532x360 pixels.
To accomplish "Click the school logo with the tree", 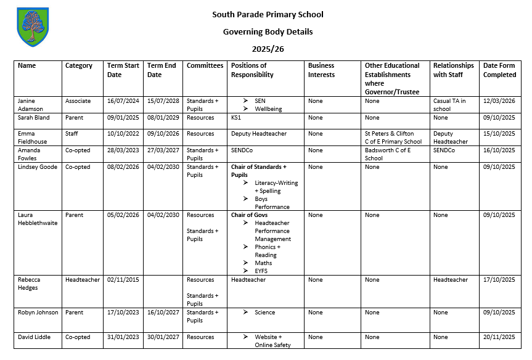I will [x=32, y=27].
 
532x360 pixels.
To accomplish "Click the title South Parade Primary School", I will [x=268, y=15].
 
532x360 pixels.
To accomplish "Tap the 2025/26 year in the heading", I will [x=268, y=49].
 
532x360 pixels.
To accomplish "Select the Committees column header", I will [x=205, y=66].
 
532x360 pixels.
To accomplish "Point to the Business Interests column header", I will [x=321, y=70].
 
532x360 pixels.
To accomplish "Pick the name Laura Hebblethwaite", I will [x=38, y=219].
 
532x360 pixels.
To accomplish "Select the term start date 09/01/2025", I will [x=123, y=118].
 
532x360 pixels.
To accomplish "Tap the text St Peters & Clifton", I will [x=390, y=134].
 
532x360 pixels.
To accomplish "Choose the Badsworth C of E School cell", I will [x=388, y=154].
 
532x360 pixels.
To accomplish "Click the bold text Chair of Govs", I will [x=250, y=215].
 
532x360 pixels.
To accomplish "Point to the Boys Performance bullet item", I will [x=272, y=203].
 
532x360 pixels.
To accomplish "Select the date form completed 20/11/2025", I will [x=499, y=337].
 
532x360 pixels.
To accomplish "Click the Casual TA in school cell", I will [x=449, y=105].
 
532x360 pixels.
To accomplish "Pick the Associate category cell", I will [x=78, y=101].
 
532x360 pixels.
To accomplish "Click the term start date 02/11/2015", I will [x=123, y=280].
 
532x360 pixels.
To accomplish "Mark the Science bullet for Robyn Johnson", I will [x=265, y=313].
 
